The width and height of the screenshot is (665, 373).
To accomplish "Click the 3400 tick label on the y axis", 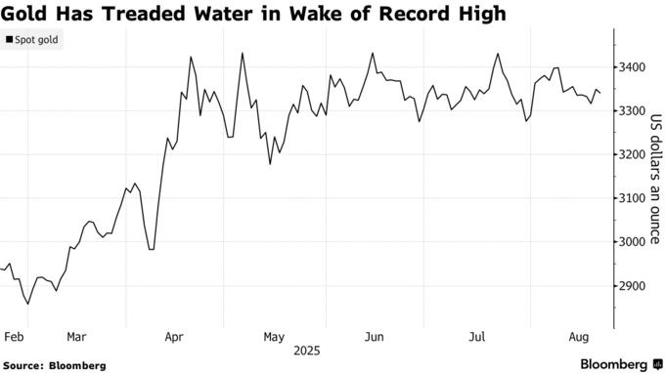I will pos(630,67).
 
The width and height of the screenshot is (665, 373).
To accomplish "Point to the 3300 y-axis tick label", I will pos(630,111).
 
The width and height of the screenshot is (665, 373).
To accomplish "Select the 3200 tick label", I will pos(630,155).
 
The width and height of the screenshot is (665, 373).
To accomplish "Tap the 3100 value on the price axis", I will pos(630,199).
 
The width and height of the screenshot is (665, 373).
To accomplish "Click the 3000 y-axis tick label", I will pos(630,242).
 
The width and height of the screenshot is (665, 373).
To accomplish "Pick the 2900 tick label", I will pos(630,286).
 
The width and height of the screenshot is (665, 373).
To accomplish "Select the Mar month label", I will pos(76,337).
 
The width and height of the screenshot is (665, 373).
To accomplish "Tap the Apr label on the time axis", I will pos(174,337).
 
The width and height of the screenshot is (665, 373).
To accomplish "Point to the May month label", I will pos(274,337).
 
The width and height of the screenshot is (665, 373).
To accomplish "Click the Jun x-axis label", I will pos(373,337).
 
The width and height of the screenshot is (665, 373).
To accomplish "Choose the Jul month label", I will pos(477,337).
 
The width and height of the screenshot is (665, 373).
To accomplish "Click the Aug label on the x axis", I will pos(577,337).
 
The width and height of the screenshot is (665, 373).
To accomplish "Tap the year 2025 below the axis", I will pos(306,351).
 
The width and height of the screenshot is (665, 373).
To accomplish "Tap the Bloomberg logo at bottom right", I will pos(613,364).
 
